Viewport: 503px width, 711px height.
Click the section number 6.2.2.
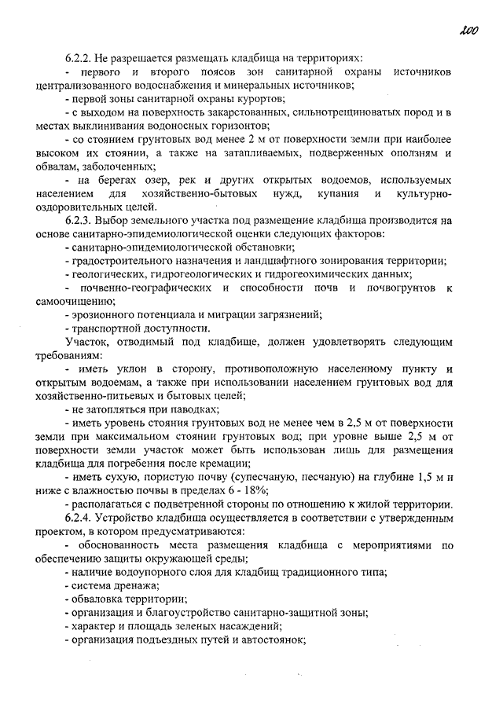[x=81, y=59]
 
